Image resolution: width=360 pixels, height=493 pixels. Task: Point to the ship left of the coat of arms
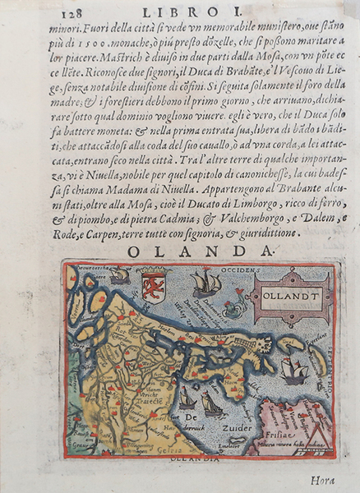[x=120, y=275]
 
